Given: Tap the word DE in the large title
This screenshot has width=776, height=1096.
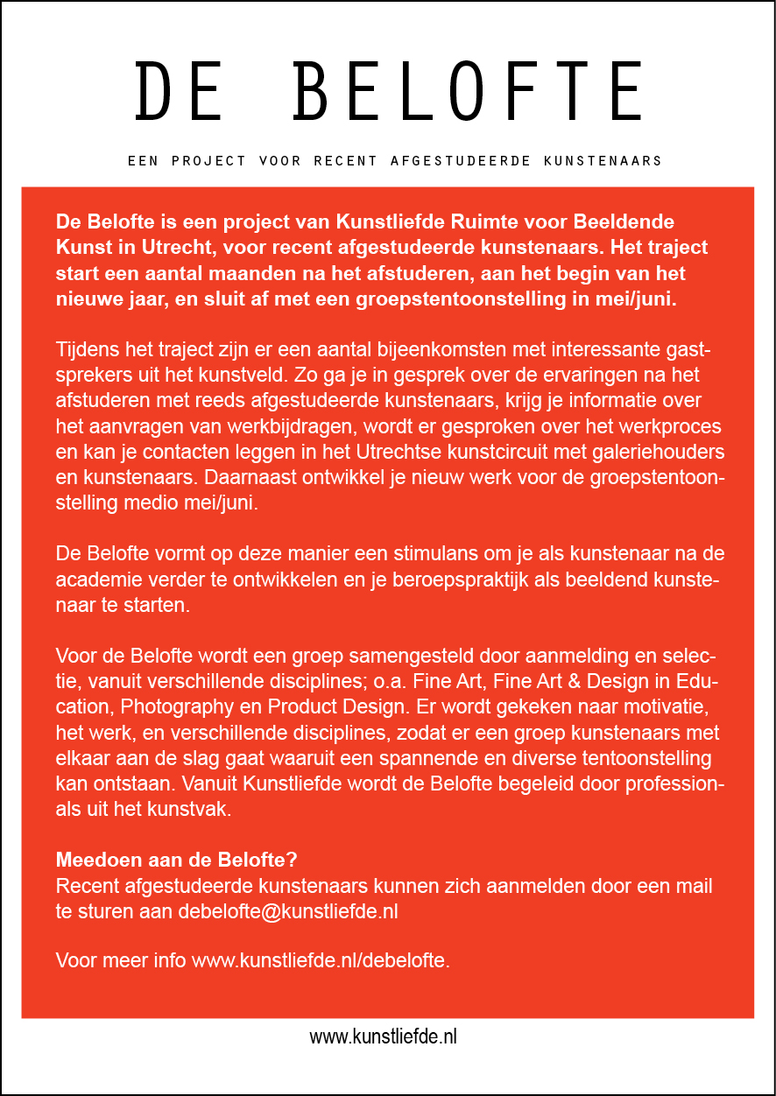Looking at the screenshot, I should (x=179, y=91).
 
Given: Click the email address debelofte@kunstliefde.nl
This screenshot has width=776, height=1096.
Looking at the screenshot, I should (x=288, y=910).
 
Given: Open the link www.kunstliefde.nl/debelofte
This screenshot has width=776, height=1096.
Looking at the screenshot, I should (x=321, y=959).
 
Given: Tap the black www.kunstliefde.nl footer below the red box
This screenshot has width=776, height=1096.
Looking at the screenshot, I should (x=384, y=1037).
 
